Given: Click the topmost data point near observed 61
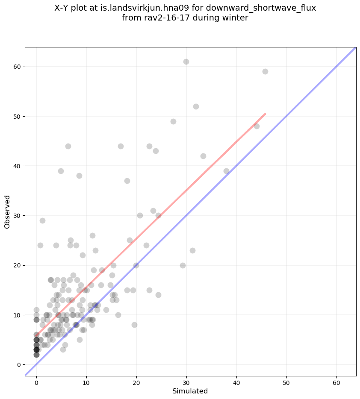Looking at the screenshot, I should (186, 62).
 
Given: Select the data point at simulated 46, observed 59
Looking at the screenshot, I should (265, 71).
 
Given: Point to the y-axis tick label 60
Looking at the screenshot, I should (17, 67).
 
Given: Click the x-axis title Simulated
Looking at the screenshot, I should (190, 391).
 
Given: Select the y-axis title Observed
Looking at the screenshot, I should (7, 211).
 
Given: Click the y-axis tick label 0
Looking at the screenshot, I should (18, 364).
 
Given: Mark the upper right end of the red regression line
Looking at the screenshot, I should (265, 114).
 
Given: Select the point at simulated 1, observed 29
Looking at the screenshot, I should (42, 220).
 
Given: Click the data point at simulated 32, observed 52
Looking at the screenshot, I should (196, 106).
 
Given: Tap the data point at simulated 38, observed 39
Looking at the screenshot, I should (226, 171).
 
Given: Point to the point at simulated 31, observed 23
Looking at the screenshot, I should (192, 250).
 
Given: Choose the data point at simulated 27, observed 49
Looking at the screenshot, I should (173, 121).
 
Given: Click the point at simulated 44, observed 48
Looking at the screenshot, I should (257, 126).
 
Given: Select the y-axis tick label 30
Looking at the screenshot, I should (17, 216).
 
